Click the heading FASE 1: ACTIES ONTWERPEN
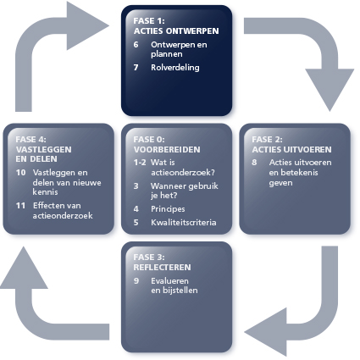pos(176,25)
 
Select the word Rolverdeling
pos(175,68)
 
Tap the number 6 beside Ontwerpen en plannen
pos(136,45)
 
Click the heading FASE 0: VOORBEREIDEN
pos(167,144)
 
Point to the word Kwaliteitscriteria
pos(184,223)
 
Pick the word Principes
pos(168,209)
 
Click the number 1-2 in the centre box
pos(140,163)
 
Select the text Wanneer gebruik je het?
pos(185,191)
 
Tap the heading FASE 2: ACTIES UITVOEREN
pos(291,144)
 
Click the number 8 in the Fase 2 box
pos(254,163)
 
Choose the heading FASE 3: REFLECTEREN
pos(162,263)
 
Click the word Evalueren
pos(169,281)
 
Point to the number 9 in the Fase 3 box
pos(136,281)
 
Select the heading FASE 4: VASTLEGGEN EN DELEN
pos(43,149)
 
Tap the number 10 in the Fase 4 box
pos(21,173)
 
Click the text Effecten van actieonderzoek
pos(63,211)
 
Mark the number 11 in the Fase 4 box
pos(20,206)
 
